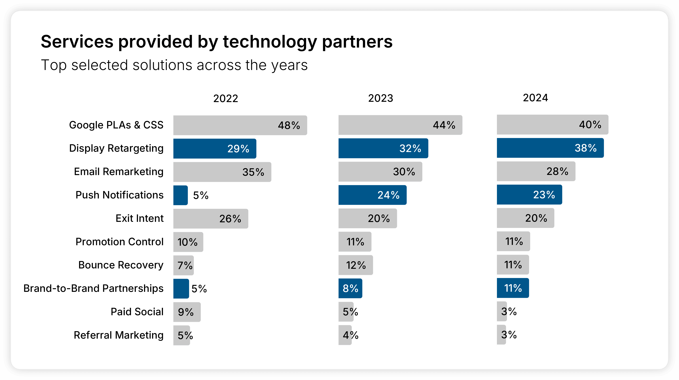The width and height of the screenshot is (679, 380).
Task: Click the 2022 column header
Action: [226, 98]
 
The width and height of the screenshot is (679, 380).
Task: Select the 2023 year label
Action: [380, 98]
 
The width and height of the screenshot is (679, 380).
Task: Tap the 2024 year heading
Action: [535, 98]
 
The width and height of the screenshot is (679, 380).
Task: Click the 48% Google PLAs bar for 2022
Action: [240, 125]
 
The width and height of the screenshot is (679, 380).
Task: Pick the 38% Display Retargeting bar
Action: [550, 148]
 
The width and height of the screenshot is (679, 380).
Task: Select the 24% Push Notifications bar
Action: [372, 195]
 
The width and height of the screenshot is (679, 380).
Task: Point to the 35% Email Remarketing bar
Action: [222, 172]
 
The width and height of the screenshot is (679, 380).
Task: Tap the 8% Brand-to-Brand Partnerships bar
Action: [350, 288]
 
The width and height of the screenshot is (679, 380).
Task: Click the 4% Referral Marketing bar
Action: [345, 335]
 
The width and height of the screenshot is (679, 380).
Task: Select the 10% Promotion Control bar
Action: [188, 242]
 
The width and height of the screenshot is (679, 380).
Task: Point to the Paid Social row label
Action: [137, 312]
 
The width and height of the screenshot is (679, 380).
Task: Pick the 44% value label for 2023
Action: [444, 125]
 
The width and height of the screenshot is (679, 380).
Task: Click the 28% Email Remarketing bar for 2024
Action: [536, 171]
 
